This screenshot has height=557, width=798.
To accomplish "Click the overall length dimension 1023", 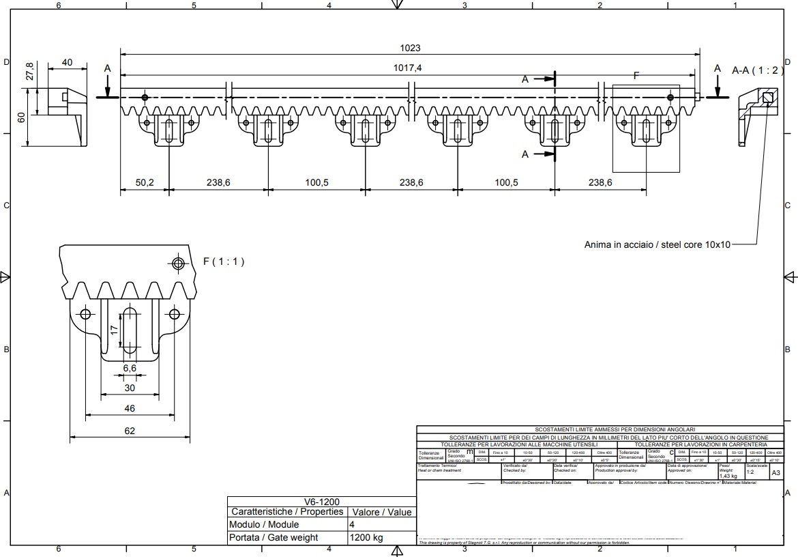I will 411,48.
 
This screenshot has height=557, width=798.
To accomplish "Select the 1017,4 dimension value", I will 408,68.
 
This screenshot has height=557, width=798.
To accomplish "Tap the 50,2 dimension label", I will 145,183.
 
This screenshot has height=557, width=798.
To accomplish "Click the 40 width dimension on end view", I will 67,63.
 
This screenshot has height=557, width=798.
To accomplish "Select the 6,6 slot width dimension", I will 130,368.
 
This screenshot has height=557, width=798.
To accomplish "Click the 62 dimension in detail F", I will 130,431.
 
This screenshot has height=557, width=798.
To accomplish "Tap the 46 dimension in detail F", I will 130,408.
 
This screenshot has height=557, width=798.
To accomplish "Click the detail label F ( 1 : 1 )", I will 223,261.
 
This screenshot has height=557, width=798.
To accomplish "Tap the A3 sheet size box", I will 776,472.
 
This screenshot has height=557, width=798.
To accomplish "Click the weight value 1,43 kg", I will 728,476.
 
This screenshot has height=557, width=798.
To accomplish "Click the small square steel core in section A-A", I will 768,98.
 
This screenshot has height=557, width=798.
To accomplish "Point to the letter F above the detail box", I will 636,76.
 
